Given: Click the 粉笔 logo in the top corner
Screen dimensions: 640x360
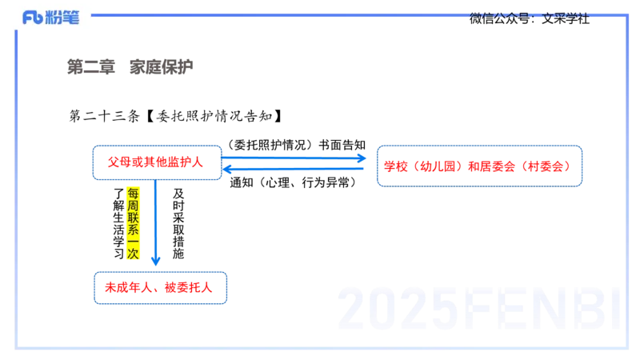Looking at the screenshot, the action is click(50, 18).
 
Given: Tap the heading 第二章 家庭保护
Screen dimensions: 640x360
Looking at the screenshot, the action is click(130, 67).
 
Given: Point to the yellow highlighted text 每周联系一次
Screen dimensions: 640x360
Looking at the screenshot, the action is click(133, 223).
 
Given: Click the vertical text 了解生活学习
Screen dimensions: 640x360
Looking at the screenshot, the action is click(118, 223).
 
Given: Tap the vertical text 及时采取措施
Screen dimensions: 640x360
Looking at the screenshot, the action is click(178, 223).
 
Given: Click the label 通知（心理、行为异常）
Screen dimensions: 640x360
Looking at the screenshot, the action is click(293, 182).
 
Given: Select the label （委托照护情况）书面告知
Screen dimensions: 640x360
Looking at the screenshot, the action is click(295, 145).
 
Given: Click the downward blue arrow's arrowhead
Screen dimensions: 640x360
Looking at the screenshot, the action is click(155, 261).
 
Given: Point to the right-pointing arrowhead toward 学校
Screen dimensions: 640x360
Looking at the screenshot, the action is click(362, 158).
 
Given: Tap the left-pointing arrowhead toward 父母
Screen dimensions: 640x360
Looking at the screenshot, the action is click(227, 169).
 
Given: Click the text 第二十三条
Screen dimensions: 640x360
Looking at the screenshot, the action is click(105, 116).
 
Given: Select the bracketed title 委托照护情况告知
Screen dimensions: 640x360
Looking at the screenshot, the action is click(214, 116).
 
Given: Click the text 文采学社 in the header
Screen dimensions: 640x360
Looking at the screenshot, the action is click(566, 18).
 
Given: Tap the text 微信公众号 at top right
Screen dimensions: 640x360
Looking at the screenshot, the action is click(499, 18).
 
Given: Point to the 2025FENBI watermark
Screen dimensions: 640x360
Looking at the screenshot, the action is click(478, 309).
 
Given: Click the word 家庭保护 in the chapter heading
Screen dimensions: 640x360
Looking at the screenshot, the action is click(162, 67).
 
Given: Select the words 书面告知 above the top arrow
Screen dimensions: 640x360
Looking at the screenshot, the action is click(342, 145).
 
